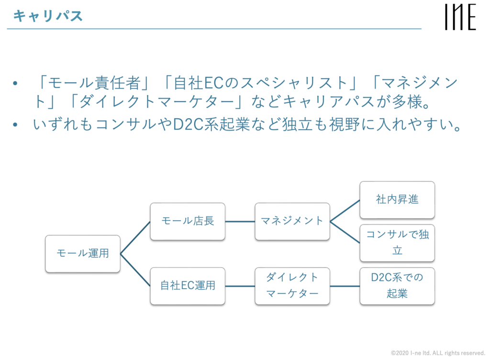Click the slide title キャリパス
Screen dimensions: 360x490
[x=48, y=16]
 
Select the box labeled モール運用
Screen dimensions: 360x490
[x=83, y=254]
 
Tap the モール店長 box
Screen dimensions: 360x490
[x=188, y=221]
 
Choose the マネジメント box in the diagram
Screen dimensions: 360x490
[x=292, y=221]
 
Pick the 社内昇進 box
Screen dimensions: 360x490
[x=397, y=200]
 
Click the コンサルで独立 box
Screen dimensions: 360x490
[x=397, y=242]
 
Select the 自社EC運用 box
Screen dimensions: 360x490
[x=188, y=286]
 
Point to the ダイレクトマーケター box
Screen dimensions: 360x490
[x=292, y=286]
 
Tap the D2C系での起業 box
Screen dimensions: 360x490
[x=397, y=286]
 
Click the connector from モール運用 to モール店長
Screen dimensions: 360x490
[x=135, y=237]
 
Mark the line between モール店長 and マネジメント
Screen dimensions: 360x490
[x=240, y=221]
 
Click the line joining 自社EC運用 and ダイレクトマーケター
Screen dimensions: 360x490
[x=240, y=286]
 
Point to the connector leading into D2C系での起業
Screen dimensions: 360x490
[x=345, y=286]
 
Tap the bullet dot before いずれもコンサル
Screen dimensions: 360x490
[x=16, y=124]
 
